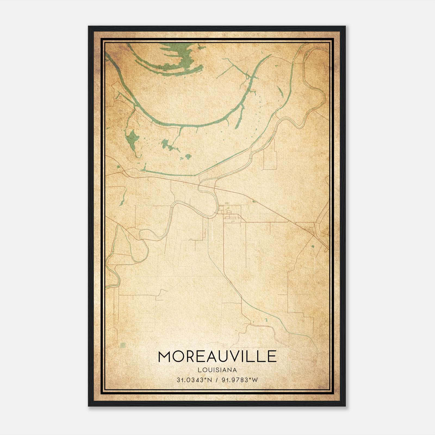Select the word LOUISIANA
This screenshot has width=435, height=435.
point(217,370)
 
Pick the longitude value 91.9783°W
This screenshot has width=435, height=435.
point(240,380)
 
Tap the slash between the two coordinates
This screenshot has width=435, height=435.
point(217,380)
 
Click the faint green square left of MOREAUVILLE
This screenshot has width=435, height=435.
point(123,345)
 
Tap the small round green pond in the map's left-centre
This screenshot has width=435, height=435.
point(188,156)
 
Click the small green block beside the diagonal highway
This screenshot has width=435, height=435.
point(254,201)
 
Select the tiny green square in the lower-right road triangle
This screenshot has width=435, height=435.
point(313,246)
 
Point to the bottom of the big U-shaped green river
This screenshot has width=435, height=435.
point(196,126)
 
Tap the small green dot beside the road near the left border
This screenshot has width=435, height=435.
point(118,166)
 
